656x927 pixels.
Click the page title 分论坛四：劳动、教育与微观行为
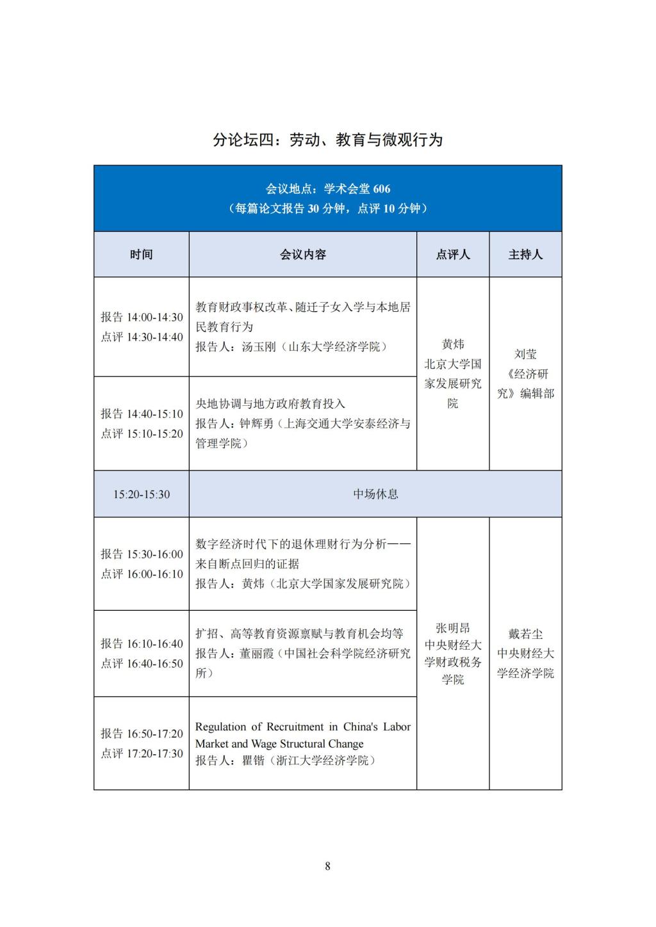(x=327, y=140)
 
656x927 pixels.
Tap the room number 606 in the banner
(x=381, y=189)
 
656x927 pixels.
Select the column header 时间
(x=142, y=255)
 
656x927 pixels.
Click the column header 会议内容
(x=302, y=255)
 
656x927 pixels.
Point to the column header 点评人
(x=453, y=255)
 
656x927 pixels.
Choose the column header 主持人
(x=525, y=255)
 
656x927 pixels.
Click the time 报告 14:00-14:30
(x=142, y=318)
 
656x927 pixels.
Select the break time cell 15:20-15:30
(x=142, y=494)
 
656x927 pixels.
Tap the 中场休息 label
(x=375, y=494)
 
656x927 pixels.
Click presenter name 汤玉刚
(x=259, y=347)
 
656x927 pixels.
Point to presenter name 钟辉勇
(x=259, y=424)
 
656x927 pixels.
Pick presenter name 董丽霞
(x=259, y=654)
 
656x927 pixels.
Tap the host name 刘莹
(x=525, y=354)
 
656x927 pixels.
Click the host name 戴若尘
(x=525, y=634)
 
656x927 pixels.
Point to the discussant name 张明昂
(x=453, y=628)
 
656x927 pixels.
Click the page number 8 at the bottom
(x=327, y=866)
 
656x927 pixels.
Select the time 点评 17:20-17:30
(x=142, y=754)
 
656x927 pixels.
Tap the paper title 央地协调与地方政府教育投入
(x=270, y=404)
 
